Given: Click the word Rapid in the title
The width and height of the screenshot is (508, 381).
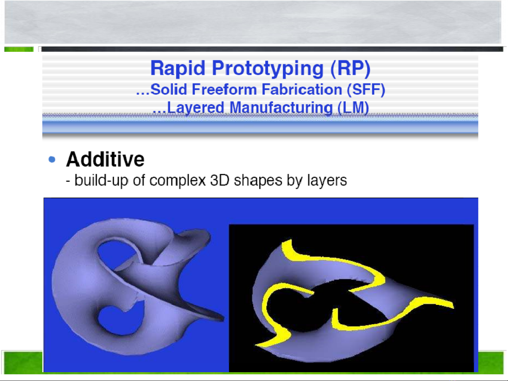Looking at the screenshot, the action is (178, 68).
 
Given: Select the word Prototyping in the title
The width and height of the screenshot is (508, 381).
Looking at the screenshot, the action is (268, 69).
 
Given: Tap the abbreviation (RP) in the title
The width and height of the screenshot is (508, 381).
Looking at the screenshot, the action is (350, 69).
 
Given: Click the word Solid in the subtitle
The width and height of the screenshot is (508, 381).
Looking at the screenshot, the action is (169, 89).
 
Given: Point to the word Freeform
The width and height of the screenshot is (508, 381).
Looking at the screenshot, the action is (224, 89).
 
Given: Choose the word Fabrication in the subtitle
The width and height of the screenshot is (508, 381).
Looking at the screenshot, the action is (302, 89).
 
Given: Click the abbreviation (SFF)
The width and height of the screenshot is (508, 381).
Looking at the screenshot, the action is (366, 90).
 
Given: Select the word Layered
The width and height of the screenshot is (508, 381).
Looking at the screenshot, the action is (196, 108).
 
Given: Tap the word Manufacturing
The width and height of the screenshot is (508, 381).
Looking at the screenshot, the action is (281, 108).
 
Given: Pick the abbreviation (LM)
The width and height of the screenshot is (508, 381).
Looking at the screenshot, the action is (353, 108).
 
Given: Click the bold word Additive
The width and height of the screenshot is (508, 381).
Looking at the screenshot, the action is (105, 159).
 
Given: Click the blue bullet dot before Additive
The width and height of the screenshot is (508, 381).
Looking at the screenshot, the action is (52, 159).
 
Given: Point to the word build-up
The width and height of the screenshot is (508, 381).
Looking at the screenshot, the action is (101, 180).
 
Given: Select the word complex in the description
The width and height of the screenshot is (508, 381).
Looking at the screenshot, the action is (178, 180).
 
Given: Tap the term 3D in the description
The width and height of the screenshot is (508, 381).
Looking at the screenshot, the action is (220, 180).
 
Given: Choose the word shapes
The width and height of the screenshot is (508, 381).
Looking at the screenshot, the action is (258, 180).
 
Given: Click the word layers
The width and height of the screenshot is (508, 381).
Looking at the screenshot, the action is (327, 180).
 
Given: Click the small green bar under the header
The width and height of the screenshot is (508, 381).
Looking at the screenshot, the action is (19, 49).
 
